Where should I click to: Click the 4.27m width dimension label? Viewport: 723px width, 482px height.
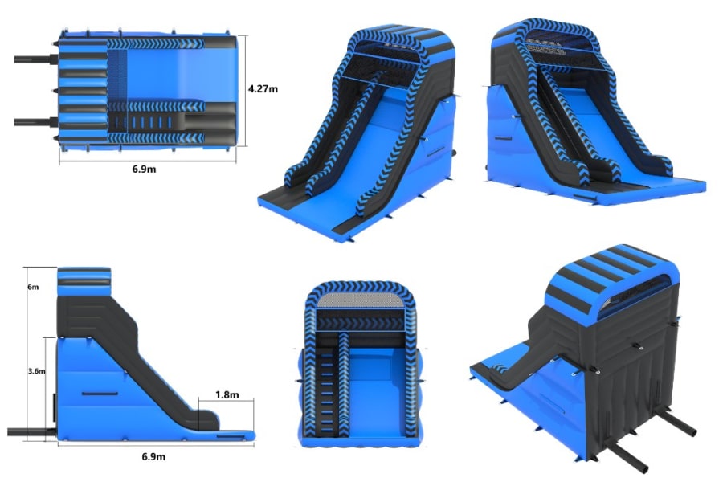[263, 88]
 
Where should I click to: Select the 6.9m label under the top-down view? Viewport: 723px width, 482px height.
[145, 170]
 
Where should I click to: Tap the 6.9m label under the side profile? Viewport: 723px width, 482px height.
[153, 456]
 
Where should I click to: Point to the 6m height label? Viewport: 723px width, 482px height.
[33, 287]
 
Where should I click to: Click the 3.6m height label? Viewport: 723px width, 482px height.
[36, 371]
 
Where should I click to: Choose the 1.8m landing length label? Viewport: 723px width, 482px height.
[227, 394]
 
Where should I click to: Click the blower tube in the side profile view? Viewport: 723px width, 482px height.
[32, 432]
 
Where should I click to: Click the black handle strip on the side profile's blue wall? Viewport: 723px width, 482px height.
[100, 394]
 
